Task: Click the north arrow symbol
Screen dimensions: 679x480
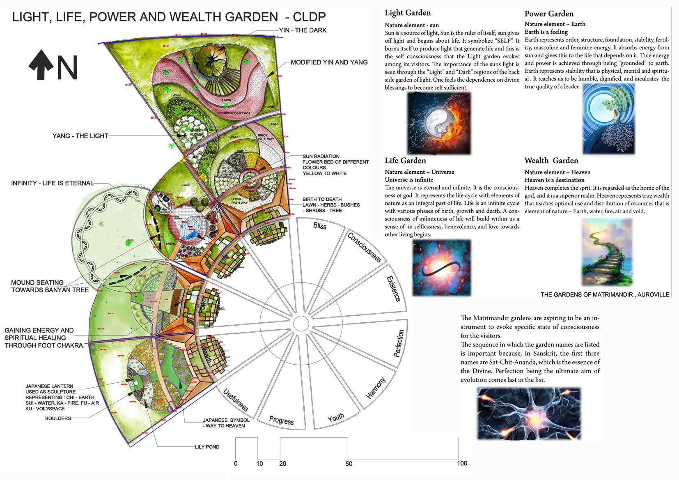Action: pyautogui.click(x=41, y=64)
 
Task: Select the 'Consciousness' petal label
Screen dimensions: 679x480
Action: pyautogui.click(x=365, y=247)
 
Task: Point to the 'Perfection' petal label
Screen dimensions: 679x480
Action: pyautogui.click(x=398, y=343)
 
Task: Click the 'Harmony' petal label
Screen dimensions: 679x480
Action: pyautogui.click(x=376, y=388)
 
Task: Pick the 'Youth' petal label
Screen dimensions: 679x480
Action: pyautogui.click(x=336, y=418)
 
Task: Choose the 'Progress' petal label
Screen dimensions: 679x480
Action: pyautogui.click(x=281, y=420)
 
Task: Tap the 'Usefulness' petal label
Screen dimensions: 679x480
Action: pyautogui.click(x=236, y=400)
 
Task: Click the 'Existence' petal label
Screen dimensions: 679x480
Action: pyautogui.click(x=393, y=289)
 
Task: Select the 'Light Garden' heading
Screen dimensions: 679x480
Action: pyautogui.click(x=407, y=13)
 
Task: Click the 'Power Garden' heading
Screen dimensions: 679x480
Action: pyautogui.click(x=549, y=14)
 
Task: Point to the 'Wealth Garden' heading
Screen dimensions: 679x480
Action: pyautogui.click(x=551, y=161)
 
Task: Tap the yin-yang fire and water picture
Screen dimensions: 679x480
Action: pyautogui.click(x=438, y=123)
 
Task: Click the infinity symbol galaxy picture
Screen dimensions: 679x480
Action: pyautogui.click(x=441, y=268)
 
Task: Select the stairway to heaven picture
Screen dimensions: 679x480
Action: pyautogui.click(x=607, y=252)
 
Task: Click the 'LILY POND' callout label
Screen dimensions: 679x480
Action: pyautogui.click(x=207, y=447)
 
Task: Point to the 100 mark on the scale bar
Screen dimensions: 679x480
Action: pyautogui.click(x=462, y=463)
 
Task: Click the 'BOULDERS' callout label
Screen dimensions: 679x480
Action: pyautogui.click(x=58, y=418)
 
